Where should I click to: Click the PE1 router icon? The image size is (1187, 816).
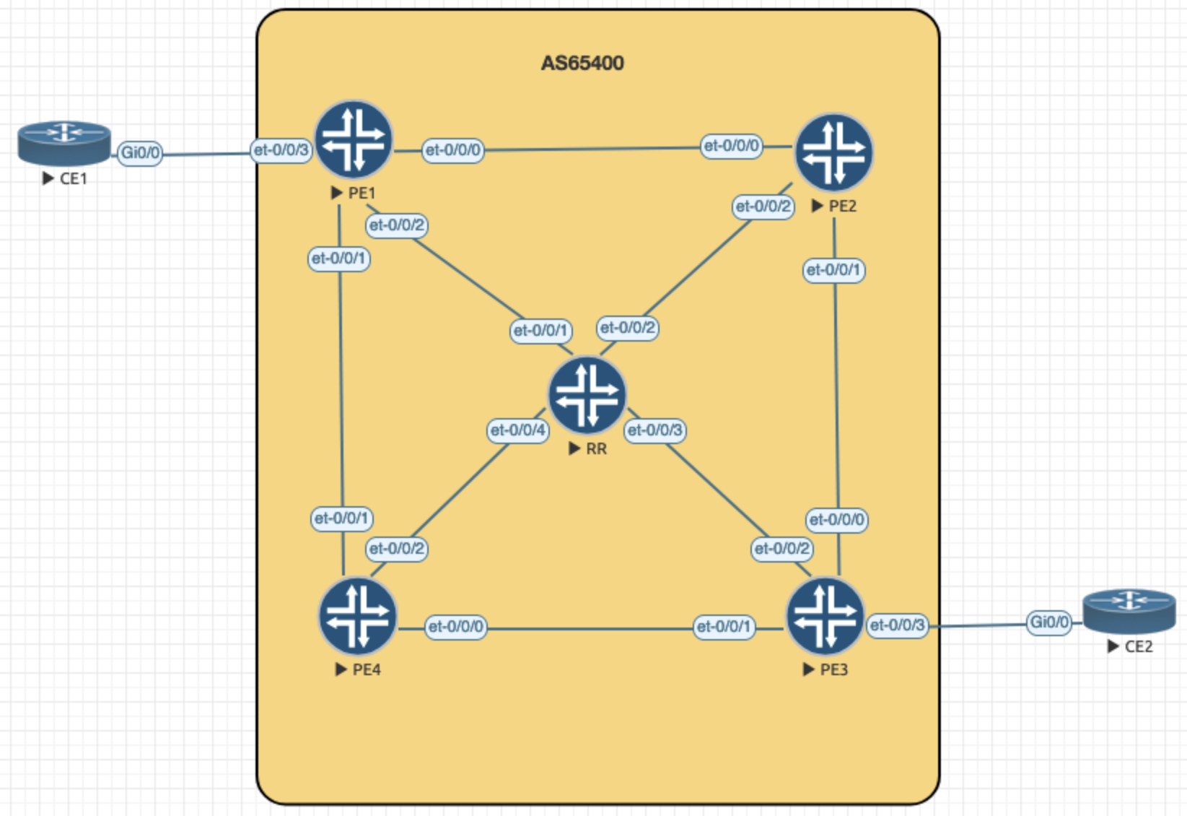tap(353, 139)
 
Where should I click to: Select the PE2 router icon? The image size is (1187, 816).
tap(833, 152)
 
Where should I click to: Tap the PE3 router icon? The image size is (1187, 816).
tap(825, 617)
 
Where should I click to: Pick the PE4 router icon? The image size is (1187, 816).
tap(357, 617)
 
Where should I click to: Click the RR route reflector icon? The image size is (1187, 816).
tap(587, 394)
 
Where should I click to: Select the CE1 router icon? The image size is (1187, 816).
tap(64, 142)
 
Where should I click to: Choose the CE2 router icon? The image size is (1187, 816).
tap(1129, 611)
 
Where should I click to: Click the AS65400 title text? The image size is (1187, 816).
tap(582, 64)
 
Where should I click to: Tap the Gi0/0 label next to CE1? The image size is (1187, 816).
tap(140, 152)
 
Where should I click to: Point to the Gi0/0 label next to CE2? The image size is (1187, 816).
tap(1049, 622)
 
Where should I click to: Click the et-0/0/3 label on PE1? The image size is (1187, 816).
tap(281, 150)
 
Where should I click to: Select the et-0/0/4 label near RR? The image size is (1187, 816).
tap(517, 430)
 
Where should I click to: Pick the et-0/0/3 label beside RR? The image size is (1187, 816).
tap(654, 430)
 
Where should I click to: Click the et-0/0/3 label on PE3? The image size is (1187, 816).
tap(897, 625)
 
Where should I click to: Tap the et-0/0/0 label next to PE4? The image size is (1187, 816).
tap(455, 626)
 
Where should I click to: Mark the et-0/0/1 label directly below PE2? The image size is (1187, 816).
tap(833, 270)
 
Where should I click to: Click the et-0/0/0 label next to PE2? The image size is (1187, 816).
tap(731, 146)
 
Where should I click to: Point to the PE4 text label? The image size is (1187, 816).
tap(367, 670)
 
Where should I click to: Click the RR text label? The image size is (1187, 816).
tap(596, 449)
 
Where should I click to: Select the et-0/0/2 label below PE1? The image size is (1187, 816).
tap(396, 225)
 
